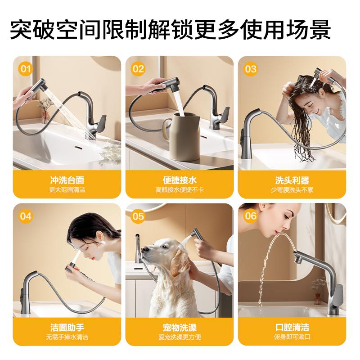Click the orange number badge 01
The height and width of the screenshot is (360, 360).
coord(26,69)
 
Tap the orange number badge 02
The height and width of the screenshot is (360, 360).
coord(138,69)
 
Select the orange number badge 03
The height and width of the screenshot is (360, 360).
coord(251,69)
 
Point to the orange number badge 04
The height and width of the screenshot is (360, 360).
coord(26,216)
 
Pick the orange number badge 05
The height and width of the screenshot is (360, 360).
coord(138,216)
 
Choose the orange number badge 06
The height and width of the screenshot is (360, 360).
coord(251,216)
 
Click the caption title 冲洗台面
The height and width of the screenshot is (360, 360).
coord(67,180)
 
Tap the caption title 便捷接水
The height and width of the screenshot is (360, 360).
coord(180,180)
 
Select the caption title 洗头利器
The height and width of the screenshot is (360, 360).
coord(292,180)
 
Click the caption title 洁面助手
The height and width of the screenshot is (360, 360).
coord(67,328)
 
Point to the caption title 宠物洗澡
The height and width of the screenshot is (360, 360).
coord(180,328)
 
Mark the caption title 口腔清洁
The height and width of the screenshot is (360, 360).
coord(292,328)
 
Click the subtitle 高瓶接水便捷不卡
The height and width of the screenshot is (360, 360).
coord(180,190)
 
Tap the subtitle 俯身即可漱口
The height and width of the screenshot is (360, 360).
coord(292,337)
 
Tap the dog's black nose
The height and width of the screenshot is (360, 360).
coord(143,250)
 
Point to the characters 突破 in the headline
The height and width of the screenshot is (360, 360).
coord(32,30)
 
